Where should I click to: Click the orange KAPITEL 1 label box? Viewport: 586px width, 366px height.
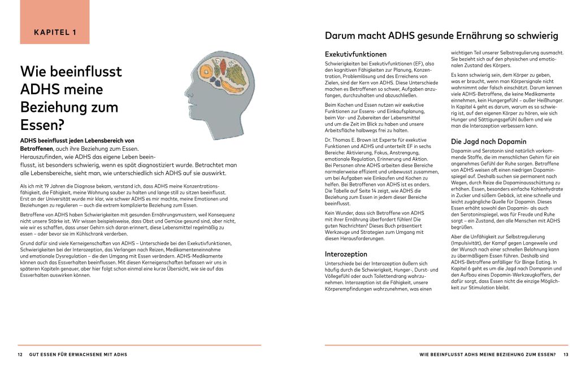[55, 32]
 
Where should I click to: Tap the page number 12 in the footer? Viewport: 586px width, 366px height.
[20, 355]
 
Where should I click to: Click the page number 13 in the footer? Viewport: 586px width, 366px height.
[565, 355]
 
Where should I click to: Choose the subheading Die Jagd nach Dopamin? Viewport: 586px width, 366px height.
[488, 141]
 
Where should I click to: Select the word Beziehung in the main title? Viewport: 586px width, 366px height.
[69, 107]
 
